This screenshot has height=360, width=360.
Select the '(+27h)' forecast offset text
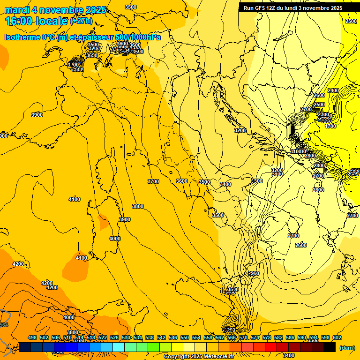tap(81, 21)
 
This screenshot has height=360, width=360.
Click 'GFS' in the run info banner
tap(261, 8)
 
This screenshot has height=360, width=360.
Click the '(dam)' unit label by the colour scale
tap(346, 348)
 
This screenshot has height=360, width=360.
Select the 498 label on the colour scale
tap(32, 338)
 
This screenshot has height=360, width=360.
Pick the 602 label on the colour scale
tap(337, 338)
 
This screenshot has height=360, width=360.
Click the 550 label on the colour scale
tap(185, 338)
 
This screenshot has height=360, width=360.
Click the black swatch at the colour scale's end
tap(330, 347)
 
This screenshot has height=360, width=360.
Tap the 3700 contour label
tap(153, 181)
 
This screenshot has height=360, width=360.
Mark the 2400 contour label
tap(333, 90)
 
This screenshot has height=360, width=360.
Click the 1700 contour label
tap(330, 126)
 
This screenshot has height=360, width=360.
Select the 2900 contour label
tap(254, 273)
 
